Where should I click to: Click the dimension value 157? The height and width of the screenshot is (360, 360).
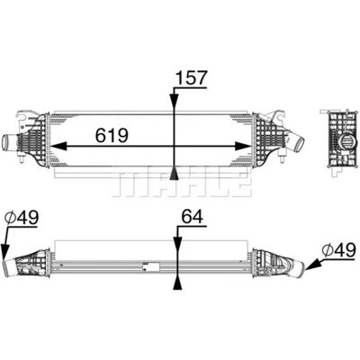[x=192, y=77]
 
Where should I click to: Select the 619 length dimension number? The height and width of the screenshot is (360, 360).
[x=112, y=135]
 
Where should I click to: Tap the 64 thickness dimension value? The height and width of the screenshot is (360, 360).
[x=193, y=217]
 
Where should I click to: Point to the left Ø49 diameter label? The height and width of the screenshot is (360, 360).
[x=22, y=217]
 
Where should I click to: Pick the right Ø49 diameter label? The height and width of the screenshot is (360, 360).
[x=339, y=250]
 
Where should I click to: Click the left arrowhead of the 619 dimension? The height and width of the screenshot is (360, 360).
[x=58, y=146]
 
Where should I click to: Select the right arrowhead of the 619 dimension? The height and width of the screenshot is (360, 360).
[x=242, y=146]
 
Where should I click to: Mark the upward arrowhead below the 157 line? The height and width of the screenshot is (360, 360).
[x=174, y=173]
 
